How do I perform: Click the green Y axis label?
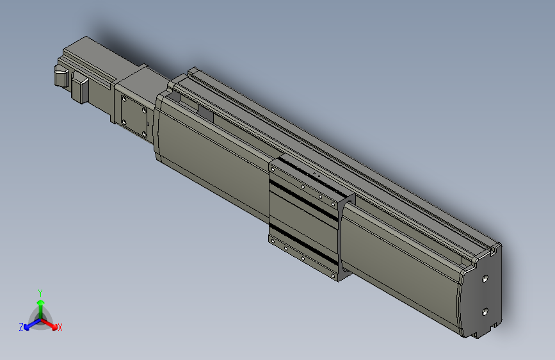[40, 291]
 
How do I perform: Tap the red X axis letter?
[60, 327]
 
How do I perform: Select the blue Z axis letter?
[21, 327]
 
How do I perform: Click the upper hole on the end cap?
[485, 279]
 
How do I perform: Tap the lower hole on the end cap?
[485, 311]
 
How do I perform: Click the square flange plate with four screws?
[134, 116]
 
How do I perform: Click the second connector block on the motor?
[81, 88]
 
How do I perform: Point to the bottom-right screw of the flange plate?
[143, 133]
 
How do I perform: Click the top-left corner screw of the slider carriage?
[273, 168]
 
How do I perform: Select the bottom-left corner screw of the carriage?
[273, 240]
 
